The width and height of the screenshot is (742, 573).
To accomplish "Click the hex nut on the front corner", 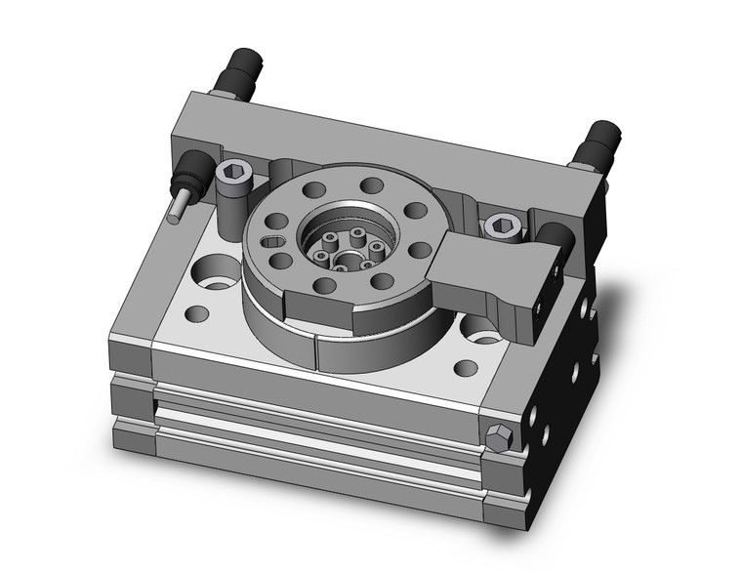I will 498,438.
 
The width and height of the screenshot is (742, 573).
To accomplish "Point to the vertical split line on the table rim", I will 313,353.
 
